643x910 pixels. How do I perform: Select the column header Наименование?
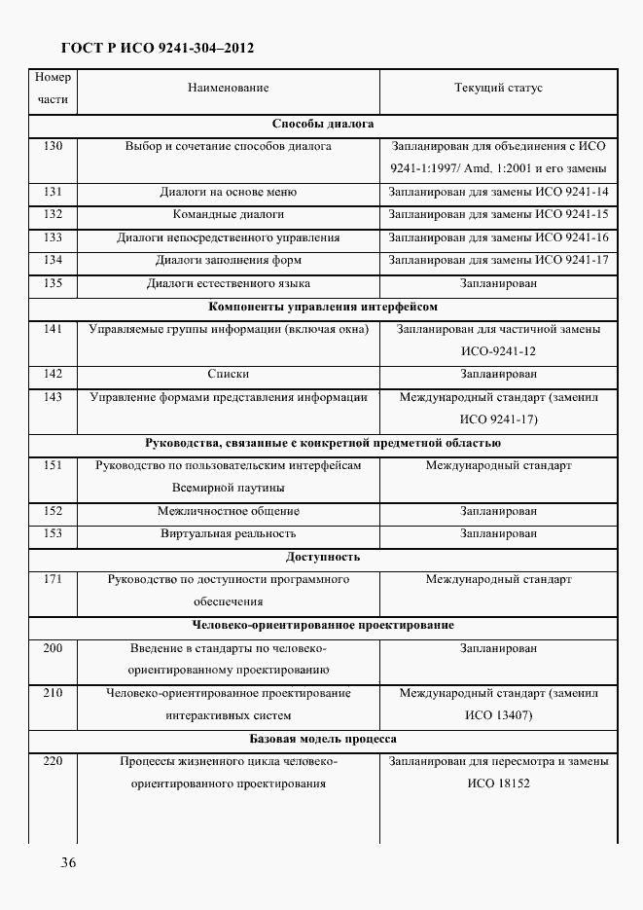coord(228,89)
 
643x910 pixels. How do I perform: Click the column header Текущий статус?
coord(498,89)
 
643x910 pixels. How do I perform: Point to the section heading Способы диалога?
coord(323,125)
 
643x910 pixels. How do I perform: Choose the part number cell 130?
coord(53,147)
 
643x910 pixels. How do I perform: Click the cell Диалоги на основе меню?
coord(228,193)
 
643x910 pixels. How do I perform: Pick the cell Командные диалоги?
coord(228,215)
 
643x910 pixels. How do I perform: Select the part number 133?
coord(53,237)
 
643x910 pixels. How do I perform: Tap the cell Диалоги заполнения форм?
coord(228,261)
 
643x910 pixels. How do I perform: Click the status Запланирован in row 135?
coord(498,284)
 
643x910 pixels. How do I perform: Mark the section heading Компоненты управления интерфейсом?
coord(323,307)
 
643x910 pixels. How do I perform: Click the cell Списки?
coord(228,375)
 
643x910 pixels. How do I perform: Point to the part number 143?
coord(53,397)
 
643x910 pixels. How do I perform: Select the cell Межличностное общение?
coord(228,512)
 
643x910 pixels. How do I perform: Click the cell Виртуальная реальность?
coord(228,534)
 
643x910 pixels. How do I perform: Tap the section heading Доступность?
coord(323,558)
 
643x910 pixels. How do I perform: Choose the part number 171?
coord(53,580)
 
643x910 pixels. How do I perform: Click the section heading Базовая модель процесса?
coord(323,740)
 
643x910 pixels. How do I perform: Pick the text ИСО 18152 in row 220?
coord(498,783)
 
